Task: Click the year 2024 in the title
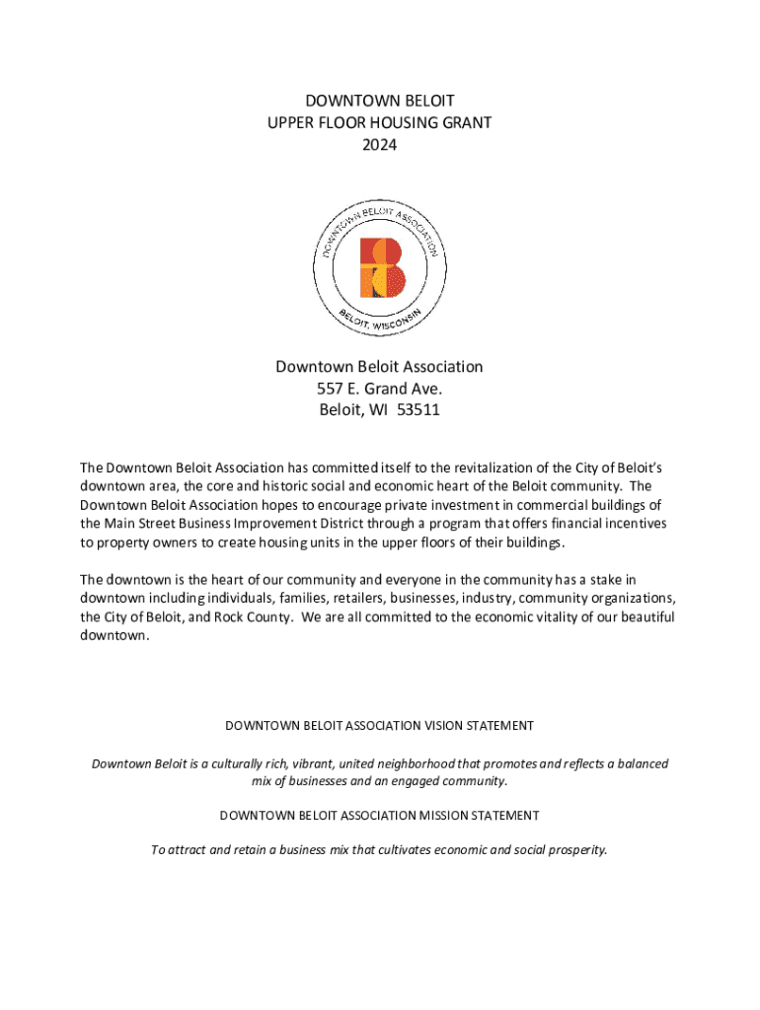click(x=379, y=145)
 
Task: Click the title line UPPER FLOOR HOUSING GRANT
click(x=379, y=122)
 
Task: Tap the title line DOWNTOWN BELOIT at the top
click(x=379, y=101)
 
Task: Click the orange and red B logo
click(x=381, y=267)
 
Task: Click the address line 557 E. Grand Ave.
click(x=379, y=389)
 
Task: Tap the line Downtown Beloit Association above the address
click(x=379, y=367)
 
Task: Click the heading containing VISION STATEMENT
click(x=379, y=726)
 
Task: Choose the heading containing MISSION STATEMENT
click(x=379, y=816)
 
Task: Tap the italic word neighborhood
click(x=414, y=764)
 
